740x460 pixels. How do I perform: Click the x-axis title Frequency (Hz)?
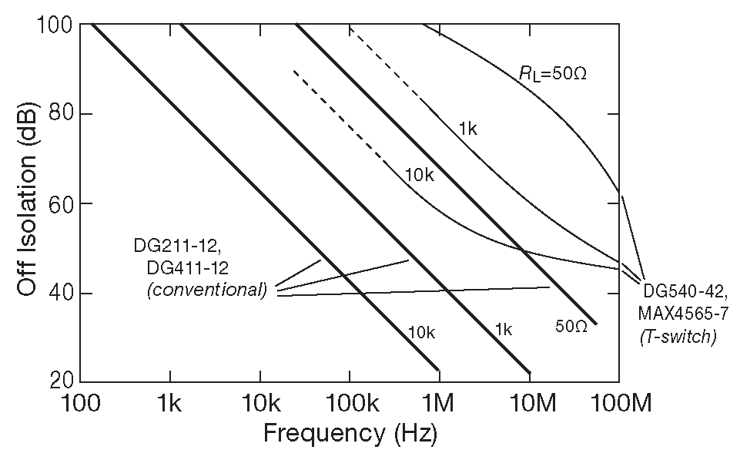[x=350, y=434]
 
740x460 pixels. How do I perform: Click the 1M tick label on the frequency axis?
[x=439, y=402]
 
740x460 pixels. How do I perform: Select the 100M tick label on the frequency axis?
[x=619, y=402]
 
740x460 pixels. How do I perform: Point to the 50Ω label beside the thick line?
[x=571, y=327]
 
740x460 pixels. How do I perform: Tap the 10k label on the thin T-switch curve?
[x=420, y=176]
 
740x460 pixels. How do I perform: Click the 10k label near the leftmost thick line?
[x=422, y=332]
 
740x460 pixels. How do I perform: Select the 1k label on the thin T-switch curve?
[x=467, y=129]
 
